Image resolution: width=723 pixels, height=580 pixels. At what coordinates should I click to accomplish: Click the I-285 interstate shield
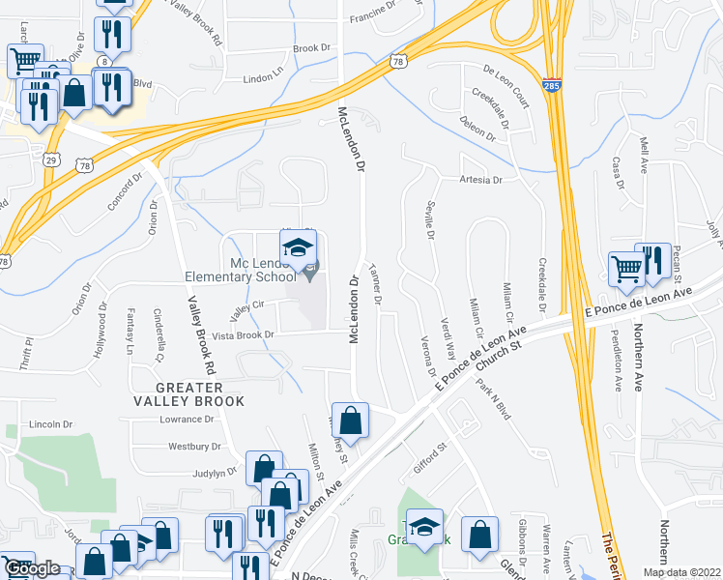click(552, 86)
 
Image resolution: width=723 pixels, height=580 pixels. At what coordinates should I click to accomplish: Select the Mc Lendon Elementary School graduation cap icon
click(300, 247)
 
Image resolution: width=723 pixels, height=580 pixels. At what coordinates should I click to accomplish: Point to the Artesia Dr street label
click(482, 180)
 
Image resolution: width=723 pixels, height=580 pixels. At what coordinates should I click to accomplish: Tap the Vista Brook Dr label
click(244, 334)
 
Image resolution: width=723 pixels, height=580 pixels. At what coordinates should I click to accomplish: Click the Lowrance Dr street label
click(187, 419)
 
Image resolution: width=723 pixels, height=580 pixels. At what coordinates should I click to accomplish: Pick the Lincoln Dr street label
click(51, 424)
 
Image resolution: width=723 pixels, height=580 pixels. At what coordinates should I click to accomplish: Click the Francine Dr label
click(373, 16)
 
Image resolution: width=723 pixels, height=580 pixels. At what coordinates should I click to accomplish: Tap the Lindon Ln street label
click(266, 78)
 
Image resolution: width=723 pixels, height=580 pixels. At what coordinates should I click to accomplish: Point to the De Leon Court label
click(506, 84)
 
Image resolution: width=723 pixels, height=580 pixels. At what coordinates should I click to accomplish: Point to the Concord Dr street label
click(125, 193)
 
